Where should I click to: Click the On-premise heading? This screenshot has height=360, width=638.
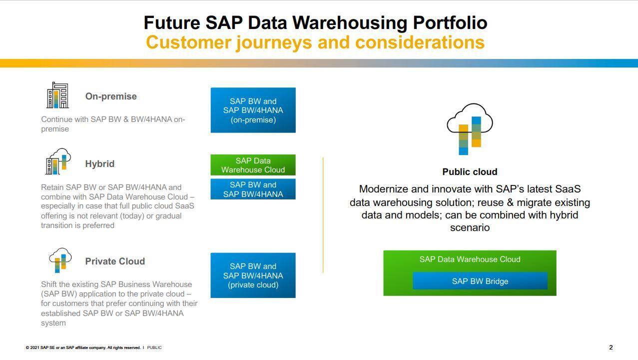(111, 96)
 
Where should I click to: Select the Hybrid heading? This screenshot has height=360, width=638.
(100, 163)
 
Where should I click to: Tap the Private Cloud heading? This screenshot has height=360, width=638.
(115, 261)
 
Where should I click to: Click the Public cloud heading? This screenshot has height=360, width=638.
(470, 171)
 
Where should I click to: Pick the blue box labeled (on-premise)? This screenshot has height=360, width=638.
(253, 110)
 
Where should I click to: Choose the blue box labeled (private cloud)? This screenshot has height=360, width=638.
(253, 275)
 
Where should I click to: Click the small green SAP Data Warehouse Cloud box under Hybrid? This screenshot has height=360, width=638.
(253, 165)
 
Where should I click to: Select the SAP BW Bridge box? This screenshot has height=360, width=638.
(480, 281)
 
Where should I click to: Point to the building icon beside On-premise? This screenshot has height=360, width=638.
(57, 95)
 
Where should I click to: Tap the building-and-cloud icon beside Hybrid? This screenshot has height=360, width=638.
(58, 161)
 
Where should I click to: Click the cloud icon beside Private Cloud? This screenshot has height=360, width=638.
(60, 260)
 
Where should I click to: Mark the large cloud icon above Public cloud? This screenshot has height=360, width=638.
(470, 129)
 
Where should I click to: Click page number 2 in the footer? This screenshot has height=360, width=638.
(611, 347)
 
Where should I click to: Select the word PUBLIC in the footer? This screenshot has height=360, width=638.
(154, 347)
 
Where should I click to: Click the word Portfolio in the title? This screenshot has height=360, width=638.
(450, 23)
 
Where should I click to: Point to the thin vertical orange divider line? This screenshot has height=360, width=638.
(323, 215)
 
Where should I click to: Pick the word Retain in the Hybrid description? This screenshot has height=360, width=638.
(52, 187)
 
